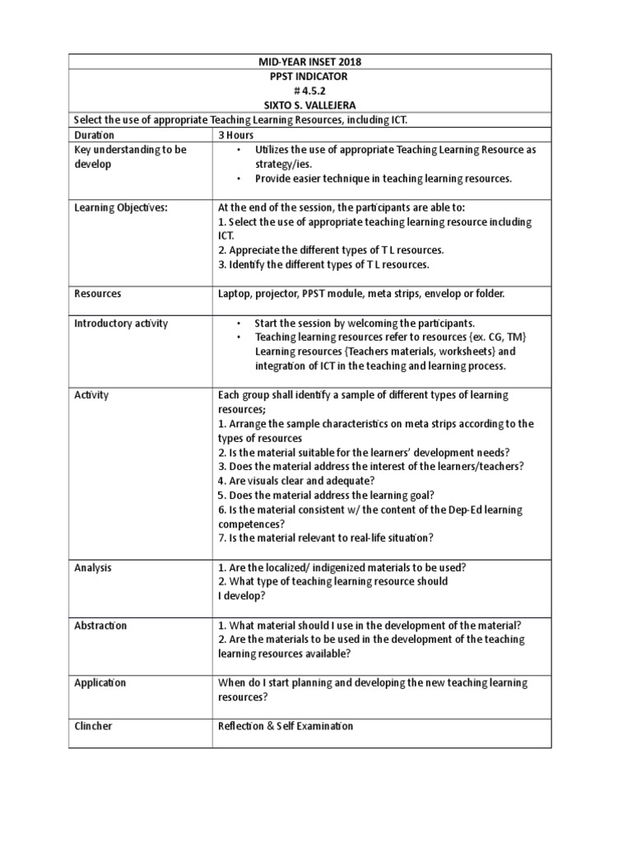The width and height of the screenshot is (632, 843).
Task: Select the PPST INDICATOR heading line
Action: point(309,77)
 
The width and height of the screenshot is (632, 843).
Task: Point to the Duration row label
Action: point(95,135)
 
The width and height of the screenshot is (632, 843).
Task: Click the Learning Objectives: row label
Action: point(120,207)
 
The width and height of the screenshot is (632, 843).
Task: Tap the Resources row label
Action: point(98,293)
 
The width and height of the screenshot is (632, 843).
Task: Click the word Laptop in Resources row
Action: point(234,293)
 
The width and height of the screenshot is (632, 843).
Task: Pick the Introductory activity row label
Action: point(121,323)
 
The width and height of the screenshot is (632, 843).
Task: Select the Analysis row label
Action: point(93,568)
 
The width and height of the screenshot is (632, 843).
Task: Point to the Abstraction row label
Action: point(100,626)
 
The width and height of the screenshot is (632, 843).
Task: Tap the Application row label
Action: point(100,683)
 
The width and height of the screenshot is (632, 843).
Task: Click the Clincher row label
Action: point(93,726)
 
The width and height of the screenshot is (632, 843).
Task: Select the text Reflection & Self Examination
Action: point(286,726)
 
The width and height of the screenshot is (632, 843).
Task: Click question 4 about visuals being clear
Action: point(296,481)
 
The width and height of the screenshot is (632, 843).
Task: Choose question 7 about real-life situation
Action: point(325,538)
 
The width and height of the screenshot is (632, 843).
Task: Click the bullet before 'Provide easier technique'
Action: point(238,179)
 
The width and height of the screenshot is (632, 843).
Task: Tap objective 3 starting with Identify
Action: point(323,265)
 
